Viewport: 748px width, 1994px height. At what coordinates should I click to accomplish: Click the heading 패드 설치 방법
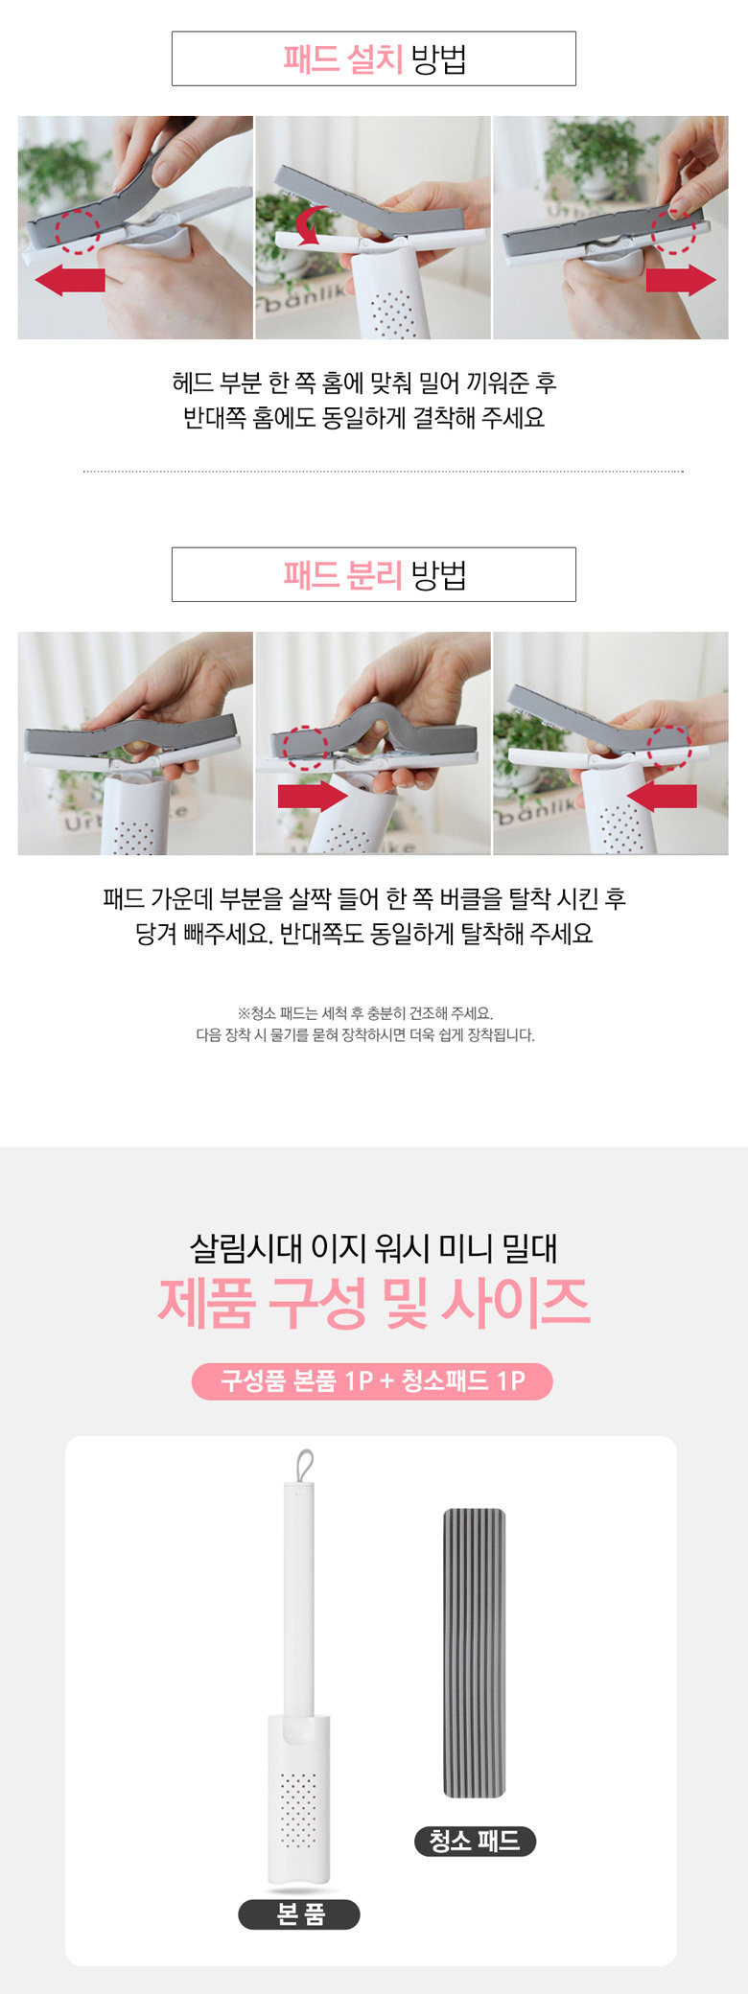[374, 58]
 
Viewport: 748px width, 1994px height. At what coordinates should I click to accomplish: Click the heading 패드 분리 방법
[374, 574]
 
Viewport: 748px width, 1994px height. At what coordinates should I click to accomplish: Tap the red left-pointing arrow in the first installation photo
[70, 280]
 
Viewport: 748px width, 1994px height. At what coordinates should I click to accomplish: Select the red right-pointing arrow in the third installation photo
[681, 280]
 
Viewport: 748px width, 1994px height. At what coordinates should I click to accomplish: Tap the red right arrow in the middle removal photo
[313, 796]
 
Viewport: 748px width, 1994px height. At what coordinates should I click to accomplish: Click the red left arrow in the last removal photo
[662, 796]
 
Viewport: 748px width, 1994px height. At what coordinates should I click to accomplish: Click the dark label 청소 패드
[475, 1841]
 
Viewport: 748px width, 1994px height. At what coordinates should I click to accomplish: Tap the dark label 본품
[299, 1913]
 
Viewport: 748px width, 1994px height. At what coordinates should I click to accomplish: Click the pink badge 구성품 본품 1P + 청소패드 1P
[372, 1380]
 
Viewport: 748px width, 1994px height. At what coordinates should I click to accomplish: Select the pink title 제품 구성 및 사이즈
[374, 1302]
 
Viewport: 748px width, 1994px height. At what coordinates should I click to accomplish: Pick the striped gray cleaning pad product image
[474, 1653]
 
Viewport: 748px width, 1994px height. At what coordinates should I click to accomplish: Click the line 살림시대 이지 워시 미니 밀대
[374, 1247]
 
